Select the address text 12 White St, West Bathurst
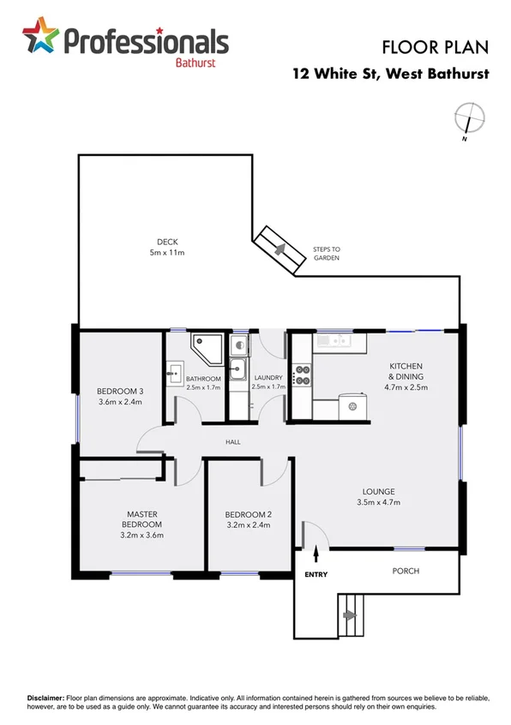pyautogui.click(x=391, y=74)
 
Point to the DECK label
pyautogui.click(x=167, y=242)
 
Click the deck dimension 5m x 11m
pyautogui.click(x=167, y=253)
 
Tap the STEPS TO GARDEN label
pyautogui.click(x=326, y=254)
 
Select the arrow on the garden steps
pyautogui.click(x=278, y=248)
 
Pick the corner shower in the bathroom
pyautogui.click(x=206, y=345)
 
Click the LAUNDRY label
pyautogui.click(x=268, y=378)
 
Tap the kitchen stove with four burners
pyautogui.click(x=302, y=375)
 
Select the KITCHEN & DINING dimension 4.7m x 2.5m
pyautogui.click(x=406, y=387)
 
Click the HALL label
pyautogui.click(x=232, y=442)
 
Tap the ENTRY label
pyautogui.click(x=316, y=575)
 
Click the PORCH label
pyautogui.click(x=406, y=571)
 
